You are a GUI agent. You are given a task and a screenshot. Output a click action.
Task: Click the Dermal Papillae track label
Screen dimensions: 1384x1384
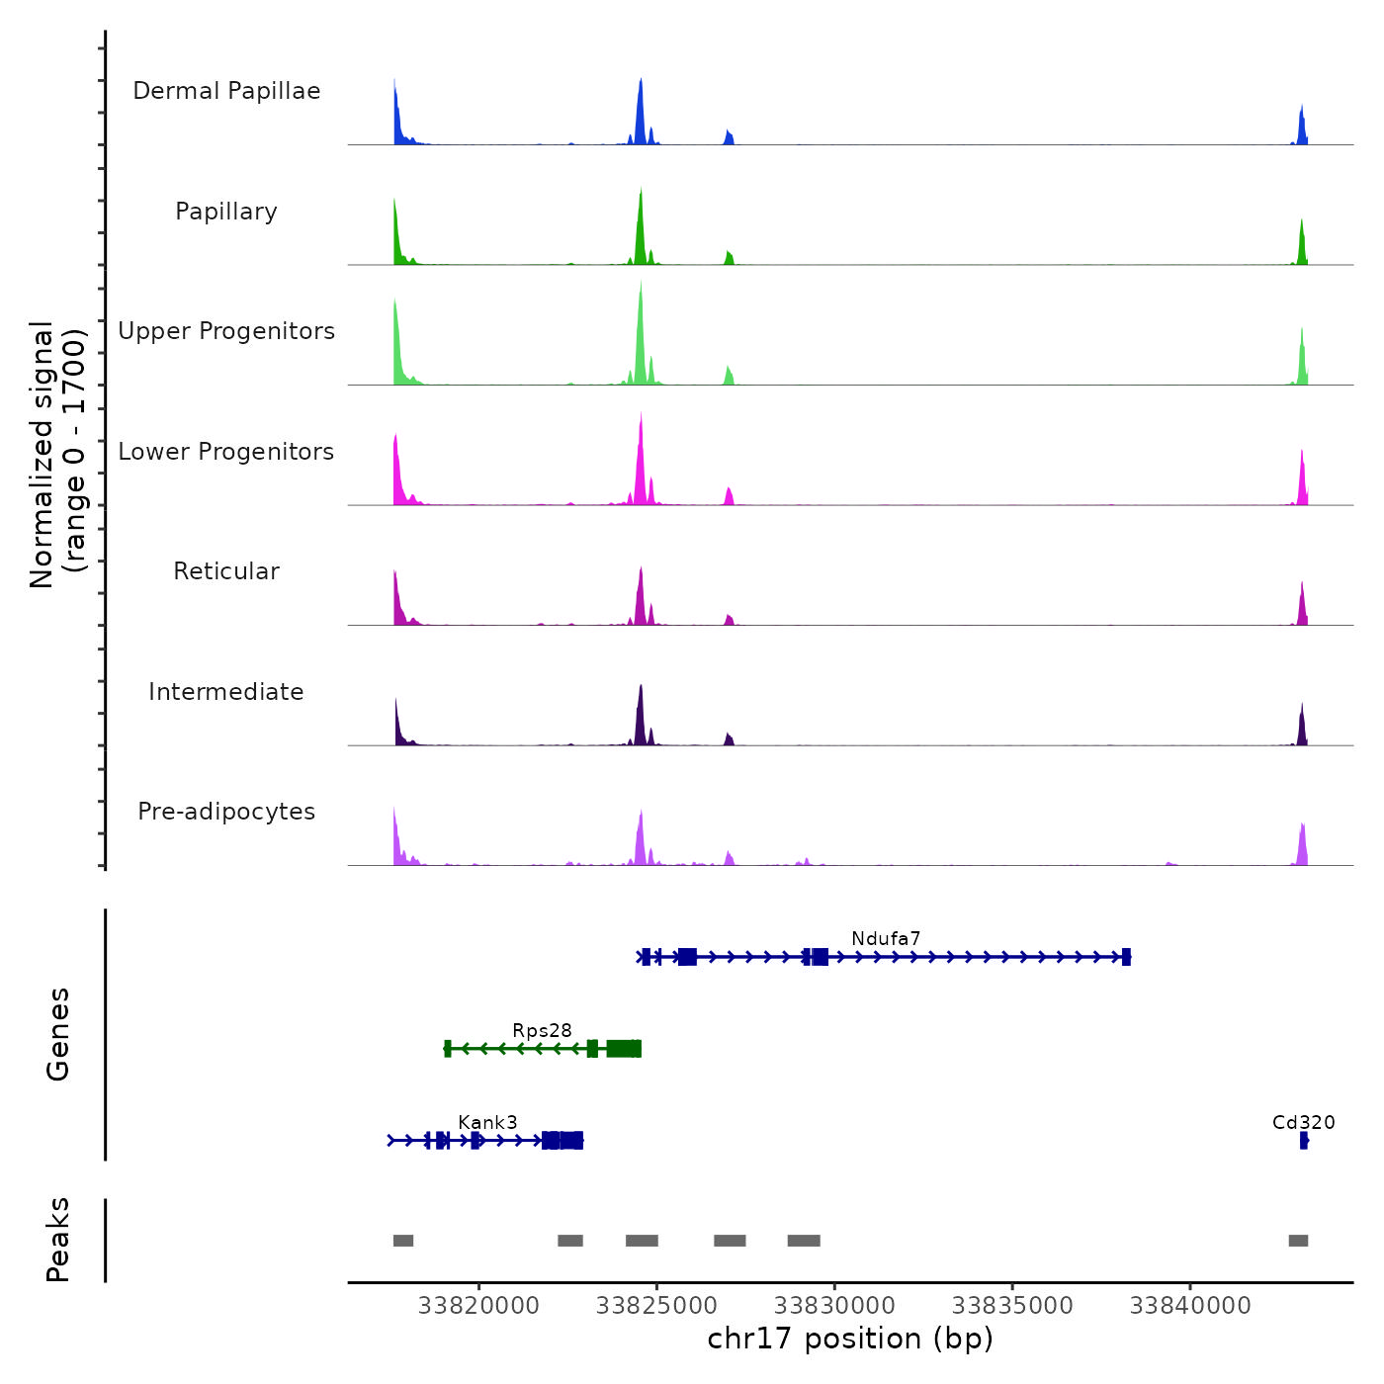click(226, 91)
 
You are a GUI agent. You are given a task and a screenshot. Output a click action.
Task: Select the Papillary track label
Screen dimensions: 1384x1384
click(226, 212)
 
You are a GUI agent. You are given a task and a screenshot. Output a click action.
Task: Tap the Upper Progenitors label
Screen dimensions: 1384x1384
click(226, 331)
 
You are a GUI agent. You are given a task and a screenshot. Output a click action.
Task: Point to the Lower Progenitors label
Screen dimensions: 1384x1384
click(226, 452)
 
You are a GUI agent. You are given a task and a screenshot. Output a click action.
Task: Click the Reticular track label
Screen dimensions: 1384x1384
click(226, 571)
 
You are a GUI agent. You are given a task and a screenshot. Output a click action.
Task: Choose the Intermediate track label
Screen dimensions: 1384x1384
click(226, 692)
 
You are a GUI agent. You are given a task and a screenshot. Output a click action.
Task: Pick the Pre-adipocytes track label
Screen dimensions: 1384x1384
click(226, 812)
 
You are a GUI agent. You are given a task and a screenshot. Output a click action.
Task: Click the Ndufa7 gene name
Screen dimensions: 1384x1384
click(886, 938)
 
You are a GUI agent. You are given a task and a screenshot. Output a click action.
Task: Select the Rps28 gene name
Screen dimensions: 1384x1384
click(542, 1030)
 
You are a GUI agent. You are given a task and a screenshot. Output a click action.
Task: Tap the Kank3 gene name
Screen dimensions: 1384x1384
click(487, 1122)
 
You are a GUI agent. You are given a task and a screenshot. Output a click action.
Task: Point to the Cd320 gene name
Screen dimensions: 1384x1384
click(1303, 1122)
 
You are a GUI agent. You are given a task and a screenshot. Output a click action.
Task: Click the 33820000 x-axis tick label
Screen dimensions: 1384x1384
click(479, 1306)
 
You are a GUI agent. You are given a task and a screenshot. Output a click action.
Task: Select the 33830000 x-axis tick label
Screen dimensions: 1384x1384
click(835, 1306)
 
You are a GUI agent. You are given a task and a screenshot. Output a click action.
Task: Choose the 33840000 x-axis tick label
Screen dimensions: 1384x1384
click(1190, 1306)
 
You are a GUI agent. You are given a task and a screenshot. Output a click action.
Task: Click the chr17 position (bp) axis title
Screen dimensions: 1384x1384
click(850, 1339)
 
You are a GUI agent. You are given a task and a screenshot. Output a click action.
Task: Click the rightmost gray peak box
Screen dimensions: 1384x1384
click(1298, 1241)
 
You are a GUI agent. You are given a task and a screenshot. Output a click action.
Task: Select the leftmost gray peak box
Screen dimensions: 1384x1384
click(403, 1241)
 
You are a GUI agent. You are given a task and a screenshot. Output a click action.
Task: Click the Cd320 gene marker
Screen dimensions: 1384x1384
click(1304, 1141)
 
